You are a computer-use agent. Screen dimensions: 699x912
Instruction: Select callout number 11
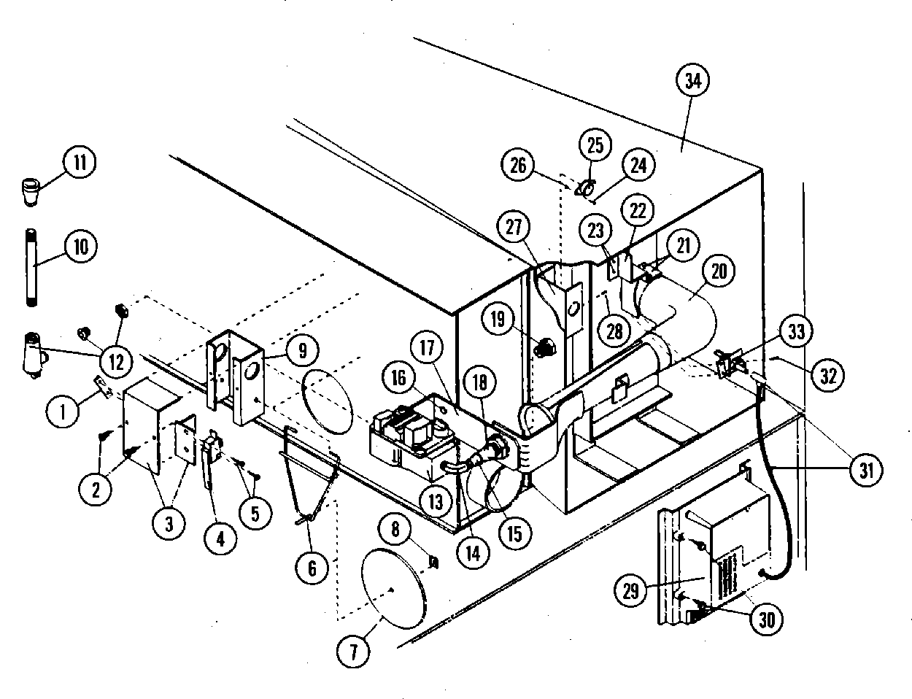click(80, 163)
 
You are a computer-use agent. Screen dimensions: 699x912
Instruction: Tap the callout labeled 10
click(80, 246)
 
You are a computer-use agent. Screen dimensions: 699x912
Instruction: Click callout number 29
click(631, 590)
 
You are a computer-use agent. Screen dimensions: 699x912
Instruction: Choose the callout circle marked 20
click(719, 271)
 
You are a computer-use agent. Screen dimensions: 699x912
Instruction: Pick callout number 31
click(865, 471)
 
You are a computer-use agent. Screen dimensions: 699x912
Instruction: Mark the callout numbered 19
click(498, 319)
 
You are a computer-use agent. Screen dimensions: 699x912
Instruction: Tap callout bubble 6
click(312, 567)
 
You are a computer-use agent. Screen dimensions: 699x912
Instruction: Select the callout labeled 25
click(595, 145)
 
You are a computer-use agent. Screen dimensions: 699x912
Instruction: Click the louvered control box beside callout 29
click(722, 540)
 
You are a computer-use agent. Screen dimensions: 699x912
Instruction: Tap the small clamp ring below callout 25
click(583, 190)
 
